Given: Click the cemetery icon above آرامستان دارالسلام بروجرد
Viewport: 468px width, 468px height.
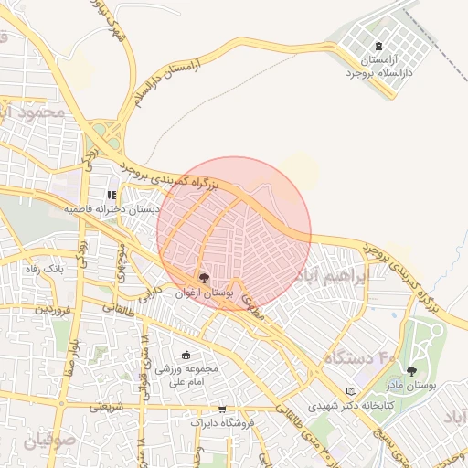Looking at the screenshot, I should click(x=379, y=47).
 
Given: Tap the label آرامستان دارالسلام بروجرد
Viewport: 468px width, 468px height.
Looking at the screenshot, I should click(x=379, y=65).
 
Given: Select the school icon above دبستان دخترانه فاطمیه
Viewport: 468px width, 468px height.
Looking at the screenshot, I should click(x=112, y=195).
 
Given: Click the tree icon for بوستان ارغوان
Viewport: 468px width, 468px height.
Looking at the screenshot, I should click(x=203, y=277).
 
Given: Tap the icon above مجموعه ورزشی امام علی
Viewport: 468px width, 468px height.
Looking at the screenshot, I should click(x=186, y=355).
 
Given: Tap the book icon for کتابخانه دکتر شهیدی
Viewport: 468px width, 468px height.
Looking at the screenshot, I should click(x=350, y=391).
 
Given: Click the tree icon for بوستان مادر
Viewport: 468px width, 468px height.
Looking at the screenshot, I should click(x=411, y=371).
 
